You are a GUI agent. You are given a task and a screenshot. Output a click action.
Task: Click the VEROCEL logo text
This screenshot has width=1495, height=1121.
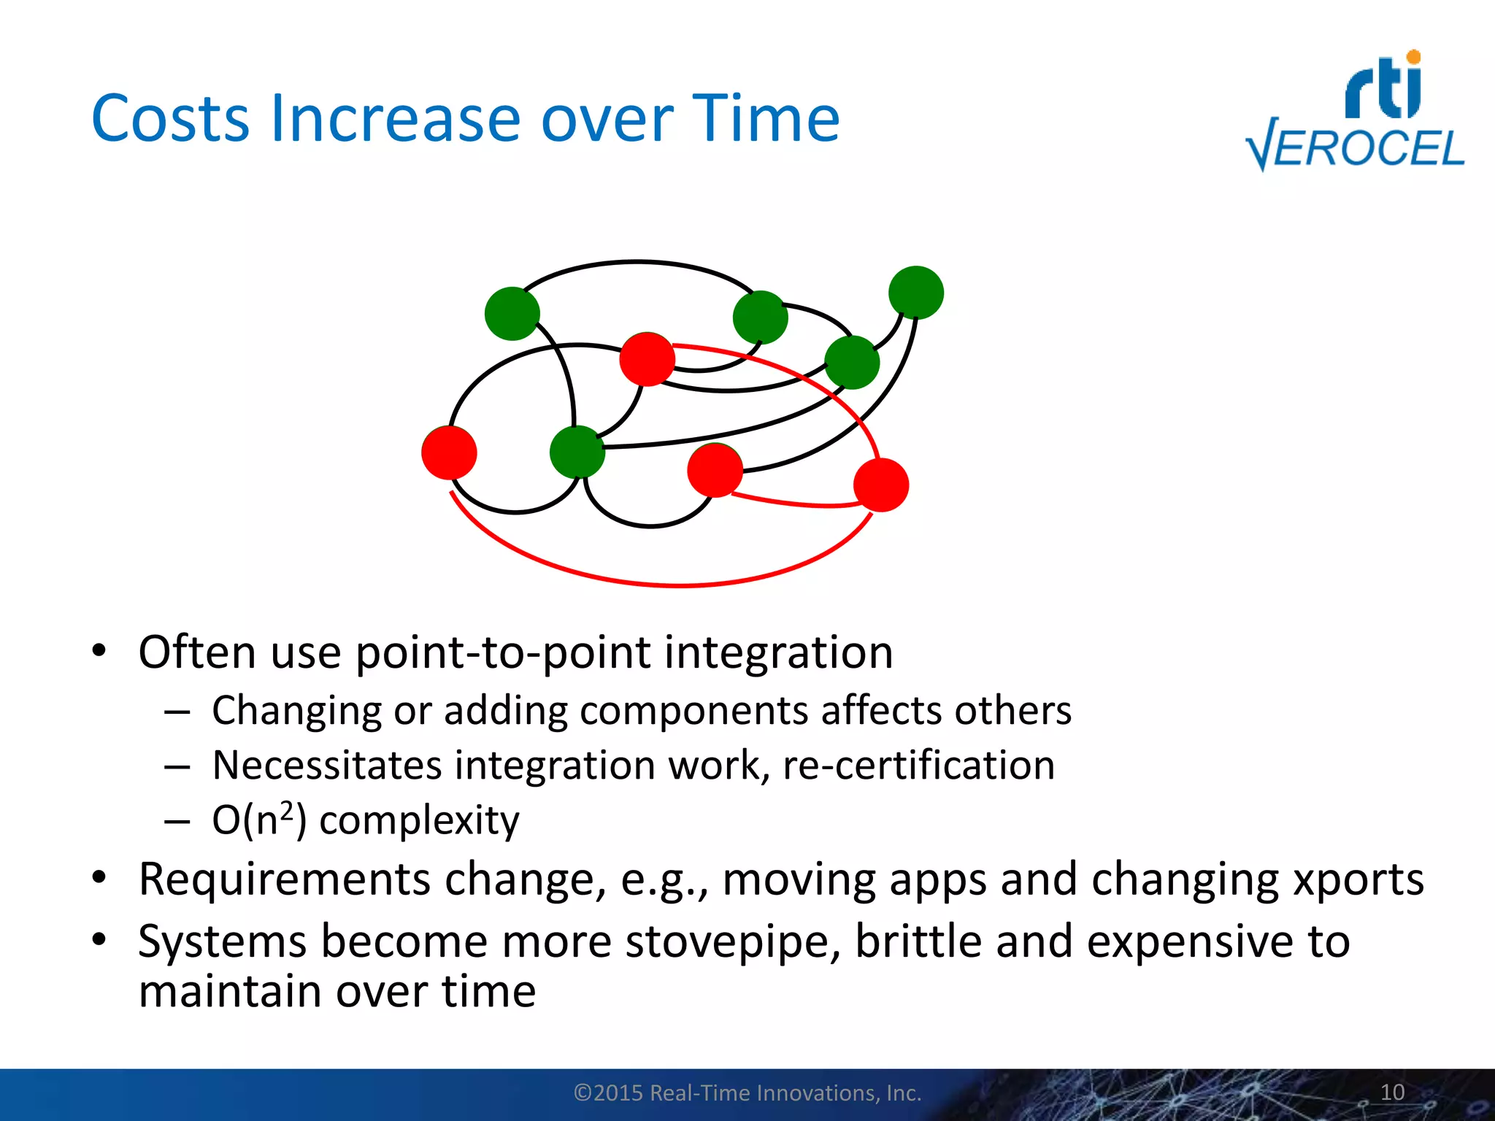tap(1356, 149)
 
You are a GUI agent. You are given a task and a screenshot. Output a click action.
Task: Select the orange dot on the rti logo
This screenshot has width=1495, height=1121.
tap(1413, 57)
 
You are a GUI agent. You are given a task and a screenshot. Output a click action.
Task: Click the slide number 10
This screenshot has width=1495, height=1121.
tap(1392, 1092)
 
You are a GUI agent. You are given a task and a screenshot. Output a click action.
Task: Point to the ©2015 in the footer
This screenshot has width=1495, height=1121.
tap(608, 1093)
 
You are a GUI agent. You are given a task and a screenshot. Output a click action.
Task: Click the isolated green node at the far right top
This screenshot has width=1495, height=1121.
tap(915, 293)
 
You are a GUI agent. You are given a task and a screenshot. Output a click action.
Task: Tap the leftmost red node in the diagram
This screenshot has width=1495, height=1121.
tap(449, 452)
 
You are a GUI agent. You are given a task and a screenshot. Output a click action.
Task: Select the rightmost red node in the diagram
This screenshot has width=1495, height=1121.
tap(881, 485)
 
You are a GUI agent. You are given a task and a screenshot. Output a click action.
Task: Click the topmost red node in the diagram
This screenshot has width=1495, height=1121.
tap(647, 359)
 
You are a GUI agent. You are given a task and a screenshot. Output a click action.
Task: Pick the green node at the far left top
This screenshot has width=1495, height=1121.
tap(512, 313)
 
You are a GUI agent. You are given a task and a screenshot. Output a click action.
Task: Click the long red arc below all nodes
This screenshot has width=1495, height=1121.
tap(679, 585)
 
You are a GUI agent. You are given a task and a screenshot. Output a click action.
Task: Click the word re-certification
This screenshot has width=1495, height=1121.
tap(918, 765)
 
